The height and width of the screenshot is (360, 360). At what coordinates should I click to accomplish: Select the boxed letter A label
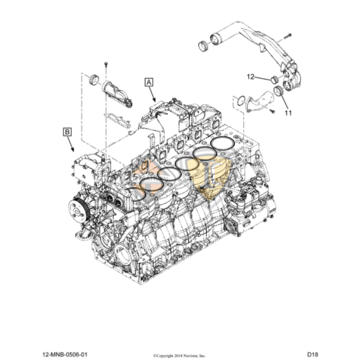coord(148,82)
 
